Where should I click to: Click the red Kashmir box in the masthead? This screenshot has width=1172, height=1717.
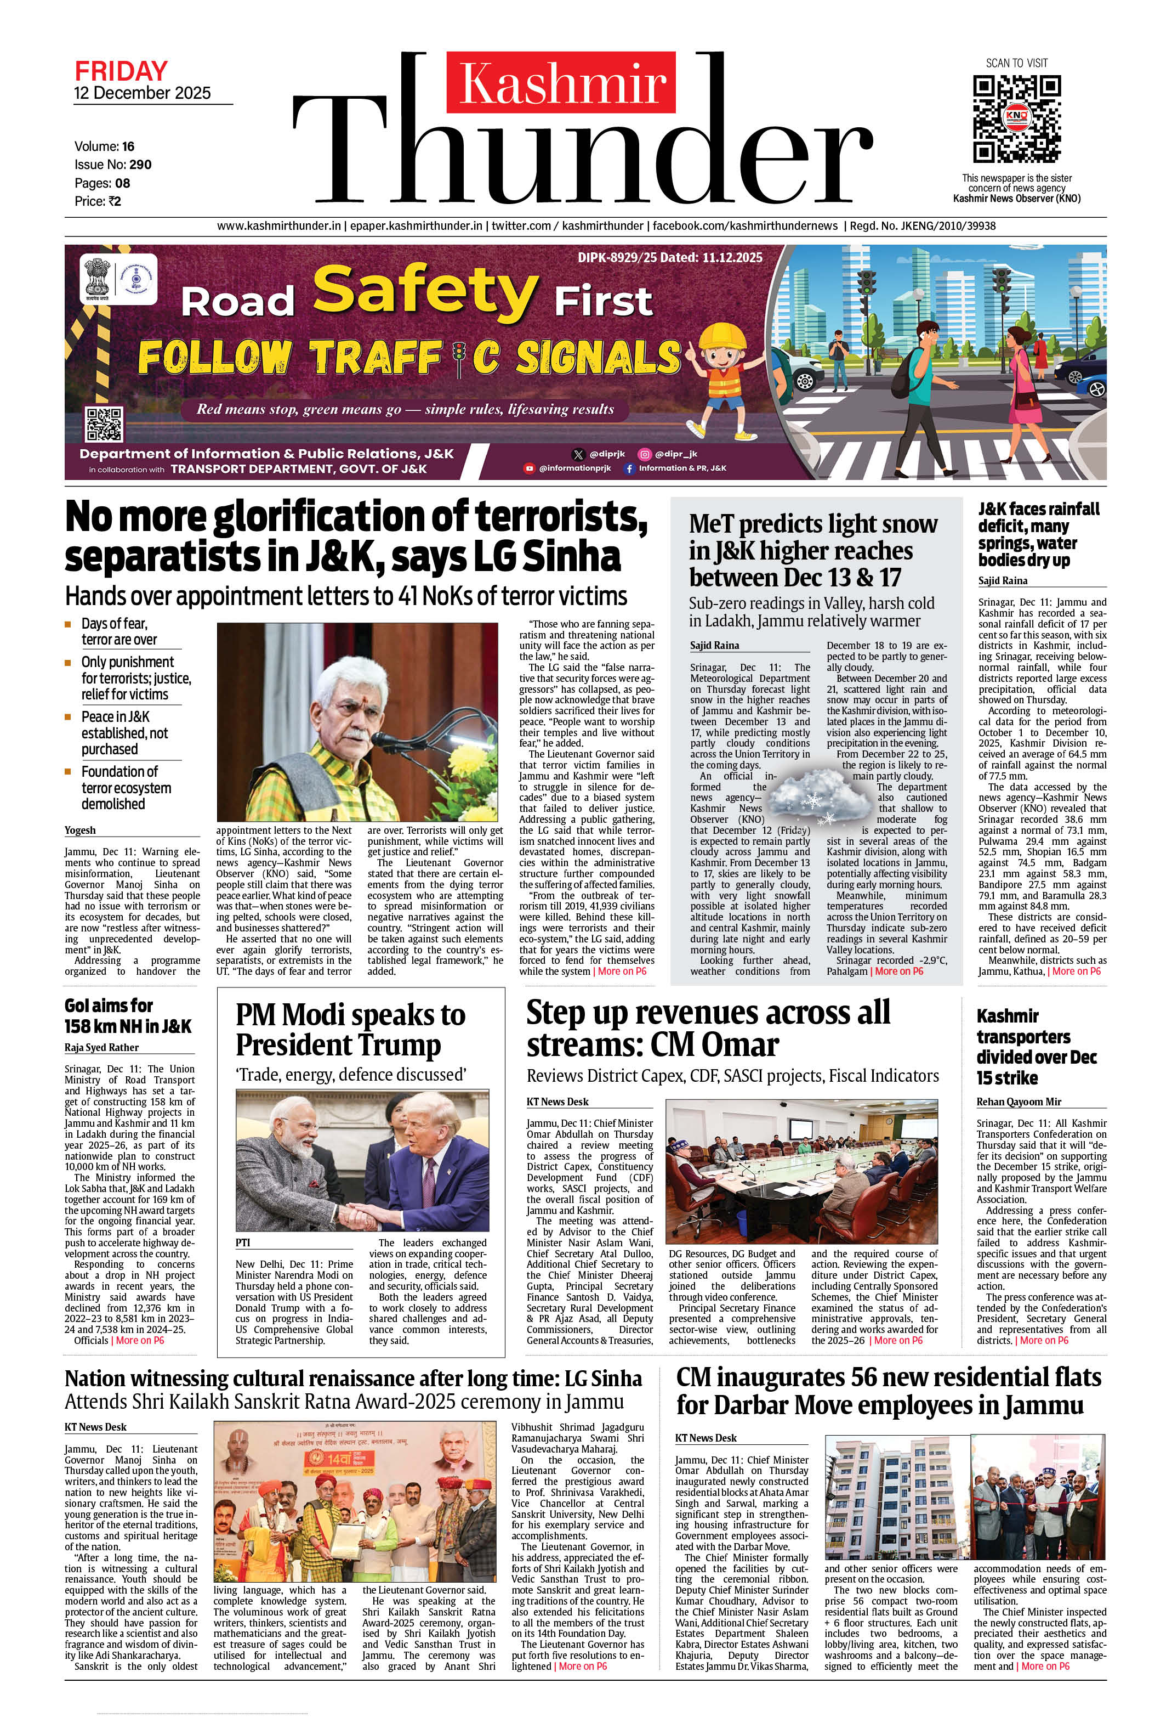click(x=561, y=82)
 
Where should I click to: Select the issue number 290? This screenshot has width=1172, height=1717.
click(x=140, y=165)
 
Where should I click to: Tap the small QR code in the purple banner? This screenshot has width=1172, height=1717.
click(x=104, y=424)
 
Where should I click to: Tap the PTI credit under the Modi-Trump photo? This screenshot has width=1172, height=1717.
click(x=243, y=1242)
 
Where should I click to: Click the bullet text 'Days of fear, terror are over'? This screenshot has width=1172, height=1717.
click(x=119, y=632)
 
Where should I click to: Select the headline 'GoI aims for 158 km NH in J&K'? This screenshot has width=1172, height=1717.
click(x=127, y=1016)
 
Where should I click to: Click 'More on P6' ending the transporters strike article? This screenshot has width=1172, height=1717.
click(x=1042, y=1340)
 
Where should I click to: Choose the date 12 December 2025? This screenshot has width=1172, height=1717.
click(x=142, y=93)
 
